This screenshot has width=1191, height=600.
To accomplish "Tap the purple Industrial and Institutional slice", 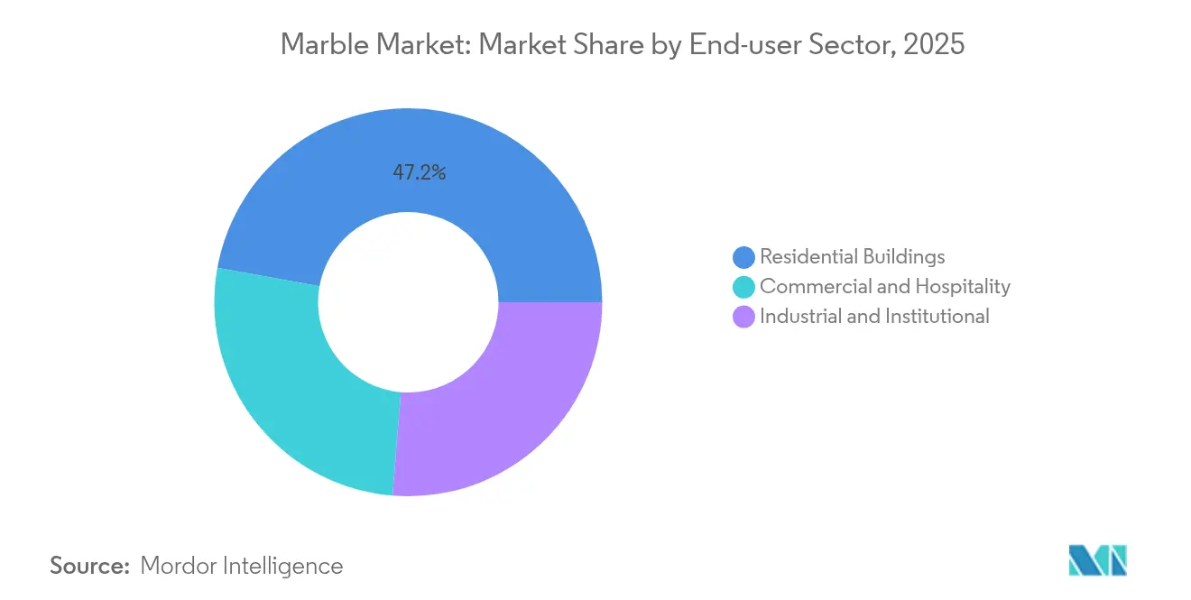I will pos(505,397).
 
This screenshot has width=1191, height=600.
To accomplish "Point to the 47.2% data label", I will pos(419,172).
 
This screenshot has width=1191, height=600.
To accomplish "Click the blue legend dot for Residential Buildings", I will pos(743,257).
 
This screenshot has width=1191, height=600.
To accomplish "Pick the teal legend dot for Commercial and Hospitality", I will pos(743,287).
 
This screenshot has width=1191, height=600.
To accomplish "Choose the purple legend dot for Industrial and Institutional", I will pos(743,317).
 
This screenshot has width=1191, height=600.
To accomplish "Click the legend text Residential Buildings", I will pos(852,257).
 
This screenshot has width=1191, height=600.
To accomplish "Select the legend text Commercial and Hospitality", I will pos(884,287).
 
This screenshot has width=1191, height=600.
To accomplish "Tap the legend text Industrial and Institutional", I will pos(874,317).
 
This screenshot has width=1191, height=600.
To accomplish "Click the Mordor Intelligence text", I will pos(242,566).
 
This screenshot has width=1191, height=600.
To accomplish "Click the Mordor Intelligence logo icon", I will pos(1098,561).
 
